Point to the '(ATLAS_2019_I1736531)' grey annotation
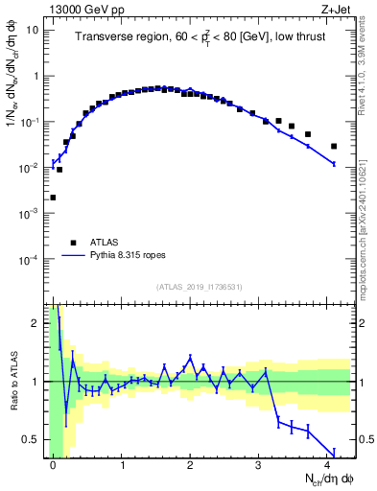(x=200, y=287)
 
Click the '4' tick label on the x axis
(x=327, y=464)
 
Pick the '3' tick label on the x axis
(x=259, y=464)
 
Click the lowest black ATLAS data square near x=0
(x=53, y=198)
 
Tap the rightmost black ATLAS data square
(x=334, y=147)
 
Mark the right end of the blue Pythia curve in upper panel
(x=334, y=165)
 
